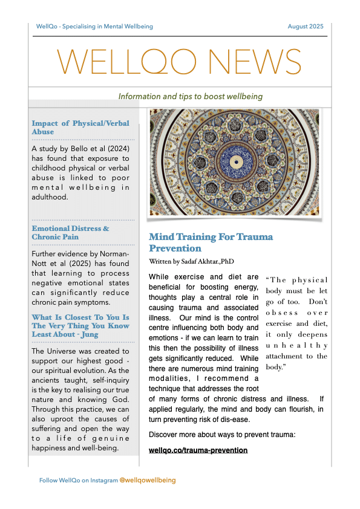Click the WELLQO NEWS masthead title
click(179, 62)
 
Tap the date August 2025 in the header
click(305, 27)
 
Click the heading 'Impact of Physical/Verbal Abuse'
click(80, 128)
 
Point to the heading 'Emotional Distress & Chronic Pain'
click(70, 233)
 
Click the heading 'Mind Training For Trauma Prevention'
click(211, 242)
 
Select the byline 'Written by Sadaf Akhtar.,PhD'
click(191, 262)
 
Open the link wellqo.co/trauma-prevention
click(198, 450)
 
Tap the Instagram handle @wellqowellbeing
click(147, 480)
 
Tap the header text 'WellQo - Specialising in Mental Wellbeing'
click(94, 27)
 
